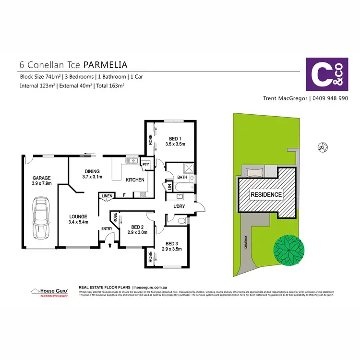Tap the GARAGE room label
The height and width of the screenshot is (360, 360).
(x=41, y=178)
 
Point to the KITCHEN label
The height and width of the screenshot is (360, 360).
(x=135, y=180)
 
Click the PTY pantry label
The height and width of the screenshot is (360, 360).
(x=145, y=165)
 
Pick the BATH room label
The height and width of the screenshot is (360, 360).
(x=182, y=178)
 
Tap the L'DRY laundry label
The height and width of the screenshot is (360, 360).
(x=180, y=206)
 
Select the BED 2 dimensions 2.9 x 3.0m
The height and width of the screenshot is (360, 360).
(x=137, y=232)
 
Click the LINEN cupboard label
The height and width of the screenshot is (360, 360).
(x=108, y=195)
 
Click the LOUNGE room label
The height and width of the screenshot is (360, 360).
(x=78, y=216)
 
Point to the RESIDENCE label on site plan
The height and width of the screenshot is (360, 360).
(x=265, y=194)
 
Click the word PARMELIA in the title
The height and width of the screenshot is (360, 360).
(x=106, y=64)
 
